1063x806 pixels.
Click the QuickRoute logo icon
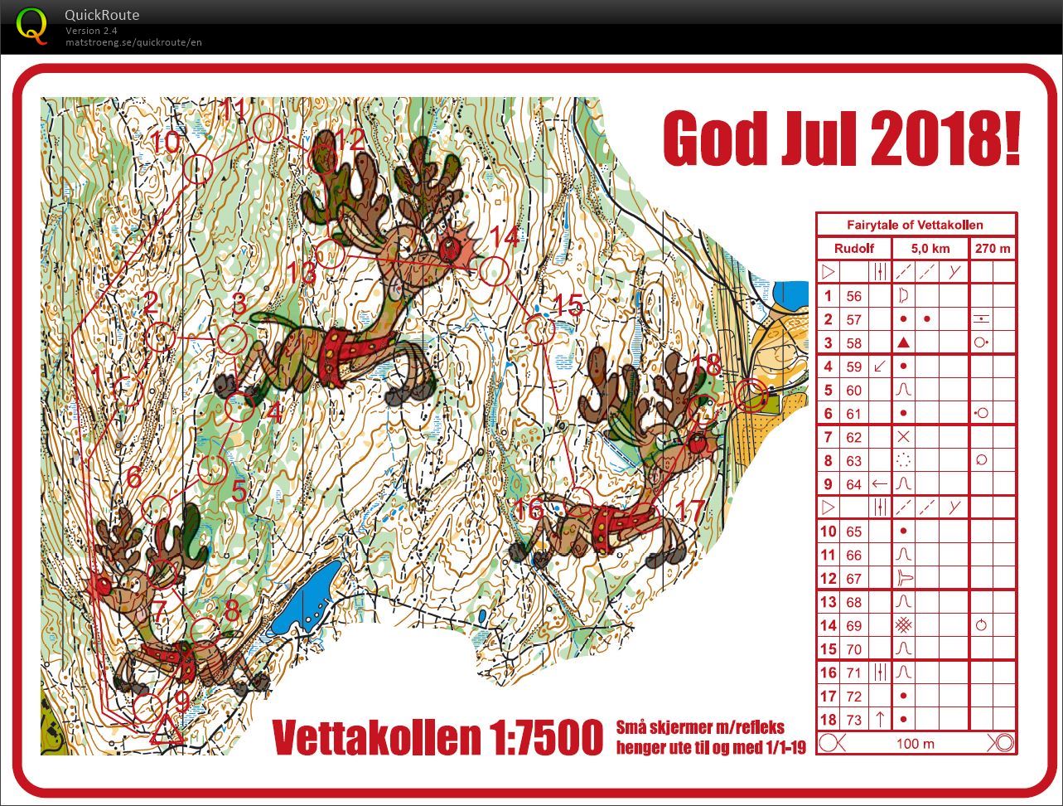[32, 25]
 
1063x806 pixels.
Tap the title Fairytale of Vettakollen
[916, 225]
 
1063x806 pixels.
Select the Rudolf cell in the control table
[853, 249]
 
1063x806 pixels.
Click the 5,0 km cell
[930, 249]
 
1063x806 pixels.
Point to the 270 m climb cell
[993, 249]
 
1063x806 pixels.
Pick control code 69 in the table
[853, 626]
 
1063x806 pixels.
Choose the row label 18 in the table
[828, 719]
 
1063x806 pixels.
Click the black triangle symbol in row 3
[904, 342]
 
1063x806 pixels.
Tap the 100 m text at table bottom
[915, 743]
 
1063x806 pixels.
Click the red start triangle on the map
[167, 731]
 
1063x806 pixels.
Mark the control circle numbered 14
[494, 270]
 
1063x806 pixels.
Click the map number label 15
[568, 306]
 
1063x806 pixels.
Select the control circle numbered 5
[212, 469]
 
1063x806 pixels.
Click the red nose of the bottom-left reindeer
[103, 586]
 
